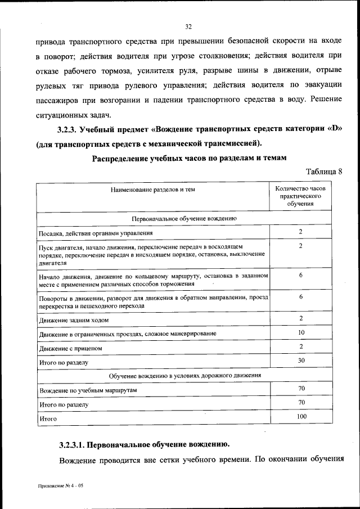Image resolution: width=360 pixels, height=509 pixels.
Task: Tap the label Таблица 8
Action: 323,171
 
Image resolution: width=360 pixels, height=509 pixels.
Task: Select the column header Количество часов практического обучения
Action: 301,196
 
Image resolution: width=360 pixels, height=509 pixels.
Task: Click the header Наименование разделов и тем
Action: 152,190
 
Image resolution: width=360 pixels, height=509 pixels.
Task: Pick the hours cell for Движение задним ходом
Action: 301,319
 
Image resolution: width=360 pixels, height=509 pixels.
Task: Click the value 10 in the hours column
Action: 301,332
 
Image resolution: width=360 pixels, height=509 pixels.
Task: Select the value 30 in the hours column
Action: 301,360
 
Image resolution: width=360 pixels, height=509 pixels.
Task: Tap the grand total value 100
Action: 301,416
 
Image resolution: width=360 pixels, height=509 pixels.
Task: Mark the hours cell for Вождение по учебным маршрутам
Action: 301,388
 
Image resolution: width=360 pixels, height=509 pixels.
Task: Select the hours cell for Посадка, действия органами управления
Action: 301,231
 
